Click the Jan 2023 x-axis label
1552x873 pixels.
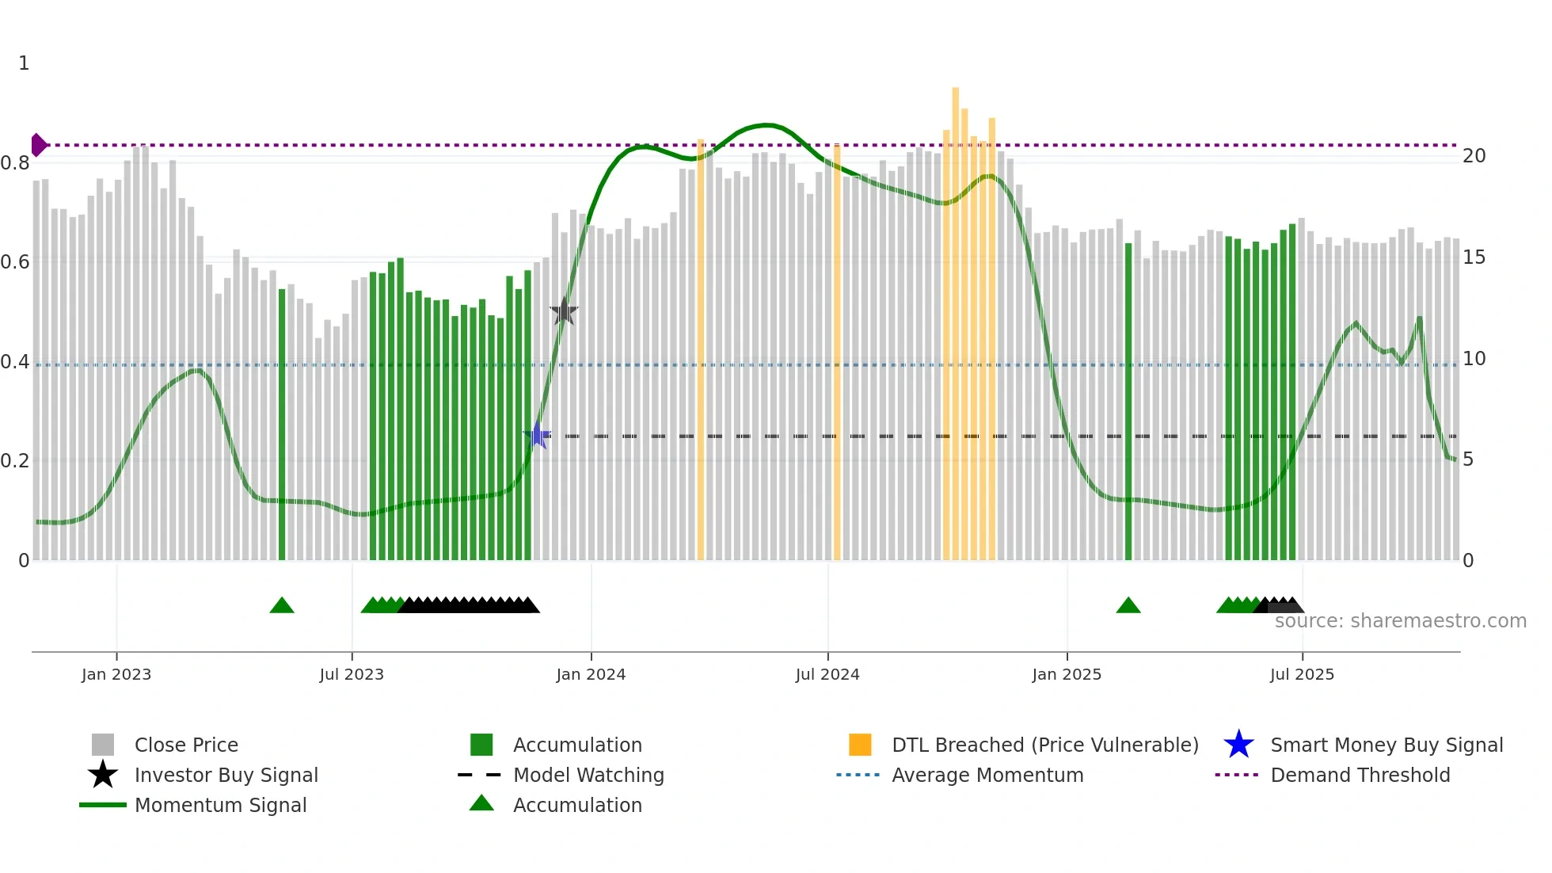click(x=116, y=674)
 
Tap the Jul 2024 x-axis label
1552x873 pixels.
click(x=827, y=674)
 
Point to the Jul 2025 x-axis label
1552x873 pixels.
click(x=1302, y=674)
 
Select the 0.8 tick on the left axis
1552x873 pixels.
click(x=15, y=163)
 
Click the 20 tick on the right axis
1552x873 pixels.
click(x=1474, y=156)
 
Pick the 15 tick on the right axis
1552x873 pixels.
click(x=1474, y=257)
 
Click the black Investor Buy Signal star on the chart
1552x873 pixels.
click(x=564, y=312)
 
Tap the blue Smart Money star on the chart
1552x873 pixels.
click(x=538, y=436)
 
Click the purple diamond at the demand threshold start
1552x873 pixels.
click(x=38, y=145)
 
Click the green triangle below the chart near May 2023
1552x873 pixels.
click(x=282, y=606)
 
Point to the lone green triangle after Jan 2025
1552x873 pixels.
click(x=1128, y=606)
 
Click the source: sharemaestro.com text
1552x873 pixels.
click(x=1400, y=621)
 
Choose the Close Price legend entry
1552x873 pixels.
click(x=186, y=745)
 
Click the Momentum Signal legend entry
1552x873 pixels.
click(x=220, y=805)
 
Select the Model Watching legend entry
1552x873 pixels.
click(x=588, y=775)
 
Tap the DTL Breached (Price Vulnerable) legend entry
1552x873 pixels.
click(x=1044, y=745)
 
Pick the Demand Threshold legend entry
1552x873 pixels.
click(x=1360, y=775)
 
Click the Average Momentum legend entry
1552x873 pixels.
click(x=987, y=775)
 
